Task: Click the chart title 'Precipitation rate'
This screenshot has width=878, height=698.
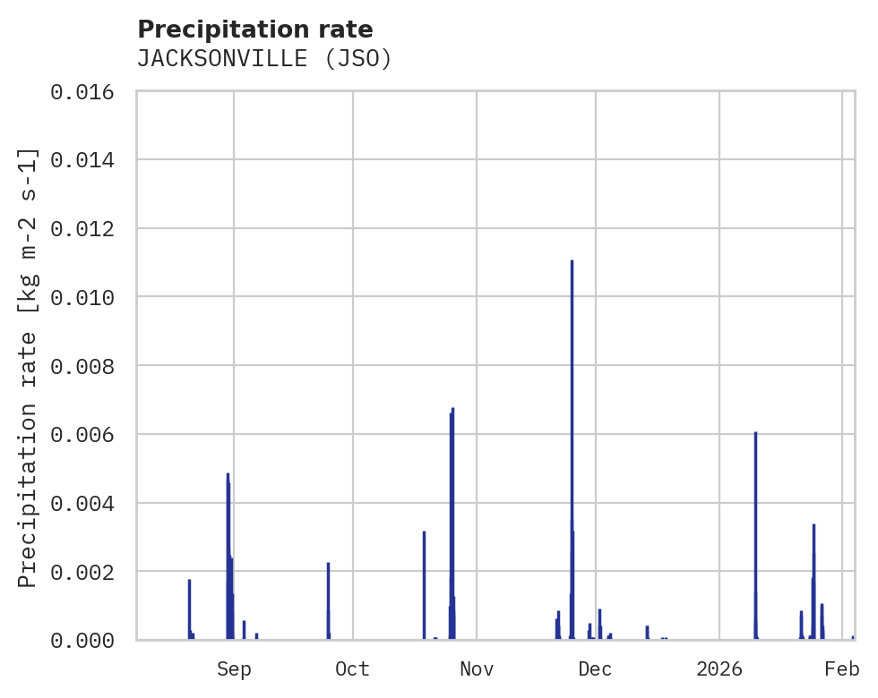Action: (x=254, y=30)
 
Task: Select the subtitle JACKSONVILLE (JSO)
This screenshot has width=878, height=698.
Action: (x=264, y=59)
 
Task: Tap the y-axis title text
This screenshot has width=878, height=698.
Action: (x=29, y=367)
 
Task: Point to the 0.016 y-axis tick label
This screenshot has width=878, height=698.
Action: (x=82, y=92)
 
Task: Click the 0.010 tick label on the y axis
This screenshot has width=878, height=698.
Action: (x=82, y=297)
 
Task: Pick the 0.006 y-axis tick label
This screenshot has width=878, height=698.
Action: (x=82, y=435)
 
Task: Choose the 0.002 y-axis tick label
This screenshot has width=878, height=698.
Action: (x=82, y=572)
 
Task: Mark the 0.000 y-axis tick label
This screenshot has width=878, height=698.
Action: (x=82, y=640)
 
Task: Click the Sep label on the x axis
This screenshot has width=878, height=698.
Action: (x=234, y=669)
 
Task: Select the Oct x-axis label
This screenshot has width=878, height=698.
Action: (x=352, y=669)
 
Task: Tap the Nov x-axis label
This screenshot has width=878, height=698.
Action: (x=477, y=669)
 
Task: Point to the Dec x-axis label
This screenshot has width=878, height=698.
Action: (x=595, y=669)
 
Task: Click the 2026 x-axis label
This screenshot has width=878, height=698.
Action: (x=719, y=669)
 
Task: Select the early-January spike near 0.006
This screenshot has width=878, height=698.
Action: (x=755, y=537)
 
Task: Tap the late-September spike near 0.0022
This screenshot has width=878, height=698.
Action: (x=328, y=600)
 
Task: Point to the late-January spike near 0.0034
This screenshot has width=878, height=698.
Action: (x=813, y=582)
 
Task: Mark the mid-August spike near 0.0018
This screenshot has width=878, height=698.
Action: (x=189, y=609)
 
